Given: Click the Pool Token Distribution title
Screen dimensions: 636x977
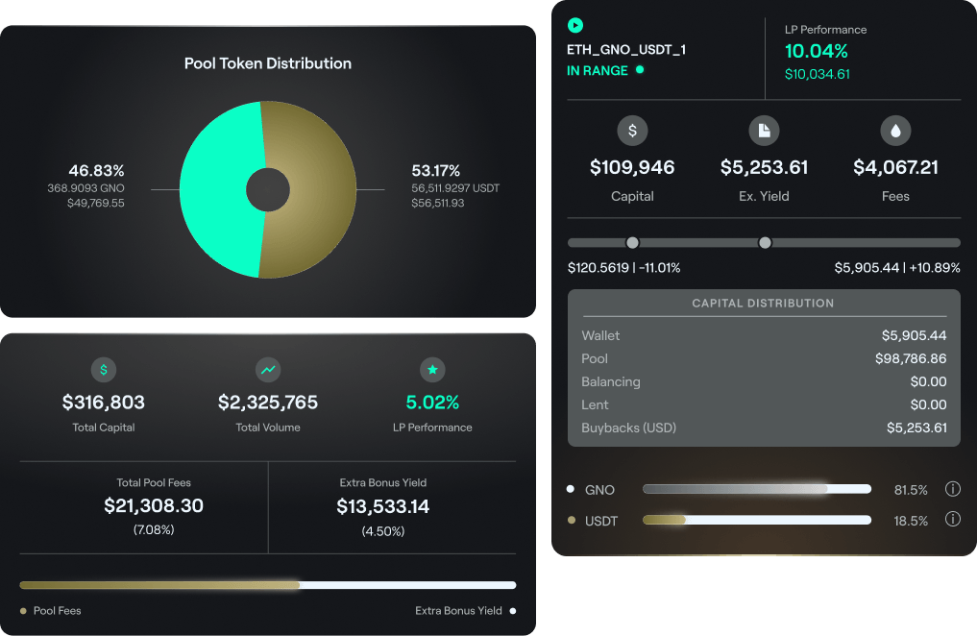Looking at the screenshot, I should tap(268, 63).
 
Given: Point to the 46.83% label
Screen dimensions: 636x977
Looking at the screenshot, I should tap(96, 171).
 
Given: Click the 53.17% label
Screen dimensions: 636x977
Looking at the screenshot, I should tap(436, 171).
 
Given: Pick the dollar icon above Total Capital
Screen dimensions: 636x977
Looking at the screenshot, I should tap(104, 369).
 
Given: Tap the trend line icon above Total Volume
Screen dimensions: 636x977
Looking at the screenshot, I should tap(268, 369).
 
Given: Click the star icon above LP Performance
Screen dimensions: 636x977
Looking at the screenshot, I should tap(432, 369).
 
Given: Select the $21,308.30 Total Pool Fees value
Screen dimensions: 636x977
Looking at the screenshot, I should tap(154, 506).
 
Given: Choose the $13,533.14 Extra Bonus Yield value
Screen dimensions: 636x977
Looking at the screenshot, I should tap(383, 506).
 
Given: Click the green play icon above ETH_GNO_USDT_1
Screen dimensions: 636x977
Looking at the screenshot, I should tap(575, 26).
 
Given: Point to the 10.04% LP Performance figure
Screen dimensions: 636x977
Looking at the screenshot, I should tap(817, 52).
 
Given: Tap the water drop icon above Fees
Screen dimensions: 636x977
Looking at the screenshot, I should tap(895, 130).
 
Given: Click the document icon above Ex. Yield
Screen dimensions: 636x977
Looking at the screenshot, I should tap(764, 130).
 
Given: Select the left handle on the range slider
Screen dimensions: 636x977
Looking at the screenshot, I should tap(632, 242).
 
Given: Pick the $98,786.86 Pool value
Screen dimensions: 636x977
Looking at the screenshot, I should tap(911, 358).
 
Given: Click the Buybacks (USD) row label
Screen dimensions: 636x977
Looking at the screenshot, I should tap(628, 428).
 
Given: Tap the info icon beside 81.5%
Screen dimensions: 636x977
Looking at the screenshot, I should tap(953, 489).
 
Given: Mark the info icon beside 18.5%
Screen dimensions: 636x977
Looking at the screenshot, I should tap(953, 520).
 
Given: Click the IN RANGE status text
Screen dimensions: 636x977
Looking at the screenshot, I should tap(598, 70).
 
